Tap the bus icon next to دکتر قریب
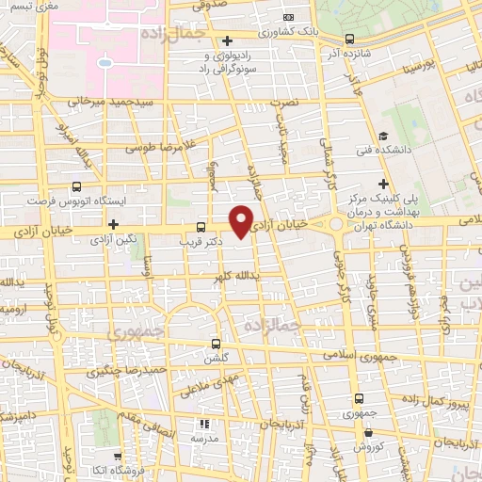point(200,227)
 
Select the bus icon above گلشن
point(217,344)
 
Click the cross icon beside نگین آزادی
point(113,225)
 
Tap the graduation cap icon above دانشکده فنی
point(384,136)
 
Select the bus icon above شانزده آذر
point(350,40)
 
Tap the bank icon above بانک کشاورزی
point(288,18)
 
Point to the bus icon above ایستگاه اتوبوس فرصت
point(77,186)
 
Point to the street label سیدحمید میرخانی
point(95,99)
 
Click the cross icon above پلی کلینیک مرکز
point(383,184)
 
